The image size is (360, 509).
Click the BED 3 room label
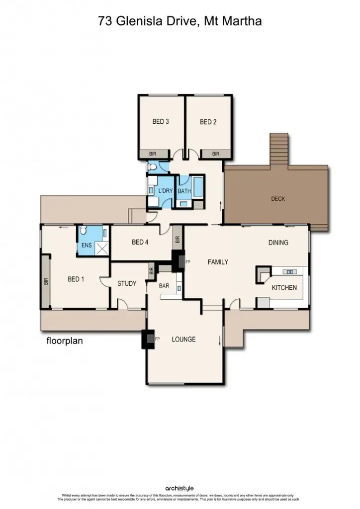(x=161, y=122)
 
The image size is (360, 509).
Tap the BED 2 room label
(x=208, y=122)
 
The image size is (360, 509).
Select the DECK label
(x=278, y=199)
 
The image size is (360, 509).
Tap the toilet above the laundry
(x=153, y=169)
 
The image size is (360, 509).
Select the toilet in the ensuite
(x=84, y=230)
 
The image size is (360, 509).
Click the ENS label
(x=87, y=246)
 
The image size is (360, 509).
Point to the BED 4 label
(x=140, y=243)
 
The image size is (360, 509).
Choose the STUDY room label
(x=127, y=284)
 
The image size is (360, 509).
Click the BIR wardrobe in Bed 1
(x=46, y=280)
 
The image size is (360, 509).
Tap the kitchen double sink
(x=289, y=272)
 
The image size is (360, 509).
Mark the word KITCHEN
(x=284, y=288)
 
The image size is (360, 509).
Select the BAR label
(x=164, y=286)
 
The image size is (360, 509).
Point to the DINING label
(x=278, y=243)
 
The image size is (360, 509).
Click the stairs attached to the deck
(x=279, y=150)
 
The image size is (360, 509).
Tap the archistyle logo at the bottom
(x=180, y=489)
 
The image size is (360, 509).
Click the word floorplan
(x=64, y=341)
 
